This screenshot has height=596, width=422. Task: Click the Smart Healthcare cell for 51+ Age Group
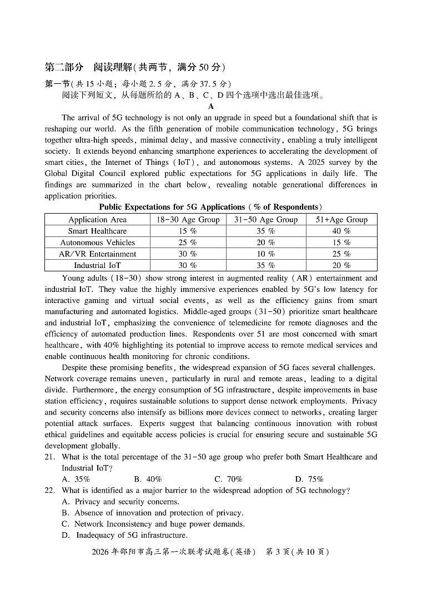(x=341, y=231)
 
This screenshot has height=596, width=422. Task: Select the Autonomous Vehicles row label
(x=97, y=243)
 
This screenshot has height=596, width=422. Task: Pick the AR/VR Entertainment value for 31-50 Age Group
(x=265, y=254)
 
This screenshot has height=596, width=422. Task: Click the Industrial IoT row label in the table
(x=97, y=265)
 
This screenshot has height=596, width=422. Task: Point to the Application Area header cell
(x=97, y=219)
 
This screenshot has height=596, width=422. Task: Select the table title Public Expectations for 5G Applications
(x=210, y=207)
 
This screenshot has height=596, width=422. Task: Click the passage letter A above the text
(x=211, y=107)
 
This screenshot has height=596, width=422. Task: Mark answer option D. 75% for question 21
(x=309, y=479)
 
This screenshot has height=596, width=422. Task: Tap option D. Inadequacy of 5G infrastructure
(x=124, y=535)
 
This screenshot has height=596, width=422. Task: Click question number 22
(x=50, y=490)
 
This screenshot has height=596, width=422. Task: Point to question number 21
(x=50, y=457)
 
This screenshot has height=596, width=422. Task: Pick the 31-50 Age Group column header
(x=265, y=219)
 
